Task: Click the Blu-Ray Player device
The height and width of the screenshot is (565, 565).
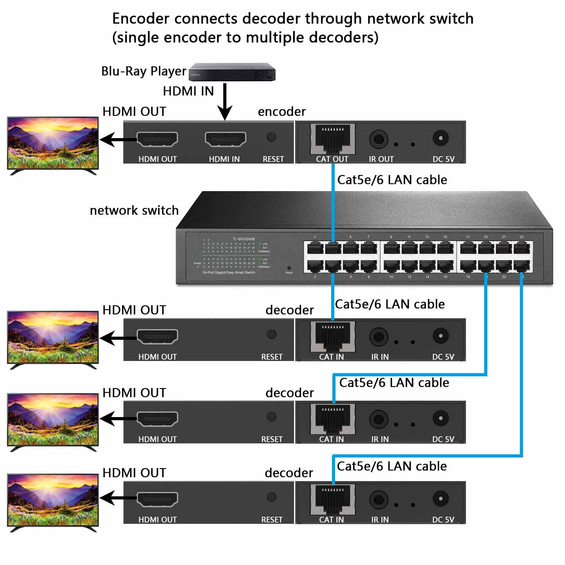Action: click(232, 72)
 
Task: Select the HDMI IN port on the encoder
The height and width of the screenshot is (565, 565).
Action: click(225, 139)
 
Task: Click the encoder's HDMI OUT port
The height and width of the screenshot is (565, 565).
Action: click(157, 139)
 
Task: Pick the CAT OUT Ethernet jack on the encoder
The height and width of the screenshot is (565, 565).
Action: click(333, 139)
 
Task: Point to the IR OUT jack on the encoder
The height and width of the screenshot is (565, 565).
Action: click(379, 139)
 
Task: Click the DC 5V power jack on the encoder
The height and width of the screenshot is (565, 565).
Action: click(441, 138)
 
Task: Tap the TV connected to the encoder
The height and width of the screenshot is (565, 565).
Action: click(53, 143)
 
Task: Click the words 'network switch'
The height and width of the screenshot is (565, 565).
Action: click(134, 210)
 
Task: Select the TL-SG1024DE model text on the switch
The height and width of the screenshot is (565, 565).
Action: click(244, 239)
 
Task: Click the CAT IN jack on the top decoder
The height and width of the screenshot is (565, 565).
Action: click(333, 336)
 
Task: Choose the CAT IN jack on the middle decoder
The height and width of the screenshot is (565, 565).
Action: click(333, 419)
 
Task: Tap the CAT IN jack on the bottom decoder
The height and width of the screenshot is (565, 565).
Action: click(333, 499)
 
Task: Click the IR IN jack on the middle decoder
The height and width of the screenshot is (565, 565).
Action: click(379, 419)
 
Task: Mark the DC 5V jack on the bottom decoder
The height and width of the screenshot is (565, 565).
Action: click(441, 499)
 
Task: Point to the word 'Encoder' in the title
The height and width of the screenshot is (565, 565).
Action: click(141, 19)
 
